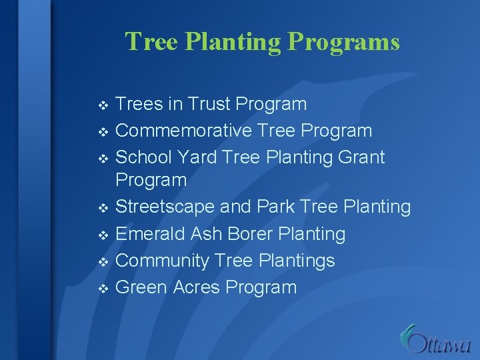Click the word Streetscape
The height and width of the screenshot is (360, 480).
(x=165, y=207)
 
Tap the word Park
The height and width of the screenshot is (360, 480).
(x=275, y=207)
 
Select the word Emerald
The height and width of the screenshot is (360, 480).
(x=151, y=234)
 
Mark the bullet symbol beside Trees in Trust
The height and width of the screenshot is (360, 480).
(x=102, y=106)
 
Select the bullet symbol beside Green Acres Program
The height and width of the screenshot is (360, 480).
(x=102, y=289)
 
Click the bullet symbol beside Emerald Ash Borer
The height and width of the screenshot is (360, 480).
(x=102, y=235)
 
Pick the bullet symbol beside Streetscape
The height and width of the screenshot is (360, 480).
(x=102, y=209)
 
